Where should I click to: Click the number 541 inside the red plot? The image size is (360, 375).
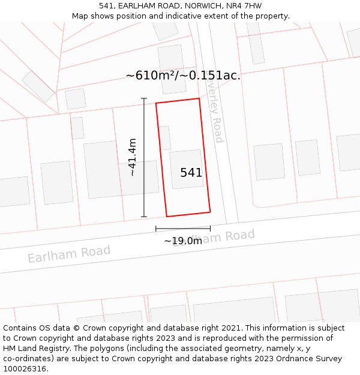coord(191,173)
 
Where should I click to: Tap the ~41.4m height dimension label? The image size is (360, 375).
coord(132,157)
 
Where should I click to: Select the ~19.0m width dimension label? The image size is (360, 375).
coord(183,241)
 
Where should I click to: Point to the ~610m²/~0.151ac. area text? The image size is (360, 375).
coord(183,76)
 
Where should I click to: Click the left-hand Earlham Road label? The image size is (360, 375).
coord(69,254)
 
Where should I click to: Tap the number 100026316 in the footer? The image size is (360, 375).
coord(25,368)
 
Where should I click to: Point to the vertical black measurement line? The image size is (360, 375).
coord(144,157)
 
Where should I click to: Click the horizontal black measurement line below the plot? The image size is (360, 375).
coord(183,228)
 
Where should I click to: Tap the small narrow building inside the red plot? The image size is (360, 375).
coord(165,137)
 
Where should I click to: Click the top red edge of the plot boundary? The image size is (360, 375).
coord(178,101)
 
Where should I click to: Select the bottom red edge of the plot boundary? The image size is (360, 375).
coord(188,214)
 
